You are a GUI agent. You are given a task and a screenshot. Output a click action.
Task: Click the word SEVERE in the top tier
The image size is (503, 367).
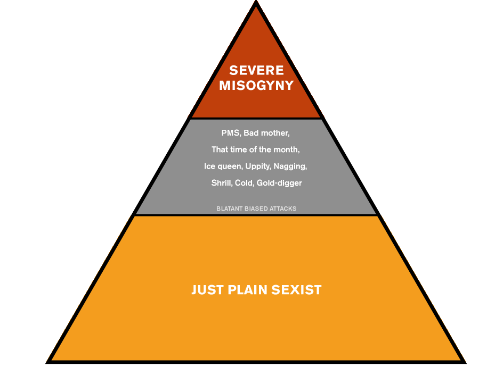(256, 70)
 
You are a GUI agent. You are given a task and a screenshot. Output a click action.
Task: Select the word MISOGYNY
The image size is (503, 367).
(256, 85)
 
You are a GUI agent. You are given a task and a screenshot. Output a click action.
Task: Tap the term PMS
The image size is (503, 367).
(230, 132)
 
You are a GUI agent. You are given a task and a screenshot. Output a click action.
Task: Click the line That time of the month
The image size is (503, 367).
(256, 149)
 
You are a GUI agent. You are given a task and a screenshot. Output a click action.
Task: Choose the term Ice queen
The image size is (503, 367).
(223, 166)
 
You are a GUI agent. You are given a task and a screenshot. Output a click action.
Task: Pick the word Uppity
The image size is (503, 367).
(258, 166)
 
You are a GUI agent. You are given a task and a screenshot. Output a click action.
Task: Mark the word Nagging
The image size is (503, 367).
(290, 166)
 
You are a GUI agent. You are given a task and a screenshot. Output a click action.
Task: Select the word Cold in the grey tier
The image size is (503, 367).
(245, 183)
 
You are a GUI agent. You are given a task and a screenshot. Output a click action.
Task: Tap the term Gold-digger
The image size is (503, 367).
(279, 183)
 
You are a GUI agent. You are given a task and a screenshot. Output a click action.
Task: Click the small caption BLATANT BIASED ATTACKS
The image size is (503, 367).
(256, 208)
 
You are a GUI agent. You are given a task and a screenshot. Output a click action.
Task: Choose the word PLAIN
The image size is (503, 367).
(248, 290)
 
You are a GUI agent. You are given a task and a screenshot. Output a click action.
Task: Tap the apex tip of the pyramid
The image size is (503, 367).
(256, 3)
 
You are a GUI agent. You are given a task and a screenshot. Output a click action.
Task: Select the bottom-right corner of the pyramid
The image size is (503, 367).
(464, 361)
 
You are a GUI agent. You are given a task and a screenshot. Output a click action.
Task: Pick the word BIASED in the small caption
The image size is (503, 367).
(255, 208)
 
